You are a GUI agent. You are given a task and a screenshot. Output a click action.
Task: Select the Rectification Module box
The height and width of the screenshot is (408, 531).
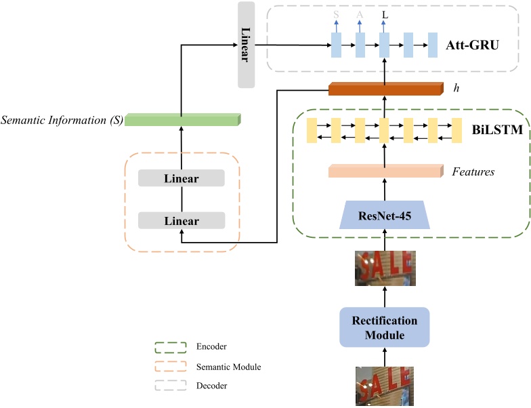(x=384, y=327)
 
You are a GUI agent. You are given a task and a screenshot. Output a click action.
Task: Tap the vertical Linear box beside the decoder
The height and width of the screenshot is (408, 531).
(x=246, y=45)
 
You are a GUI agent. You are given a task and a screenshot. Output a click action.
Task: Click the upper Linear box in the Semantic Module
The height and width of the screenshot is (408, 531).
(x=181, y=178)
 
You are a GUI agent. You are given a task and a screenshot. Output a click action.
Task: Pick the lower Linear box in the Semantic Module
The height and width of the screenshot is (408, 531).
(x=181, y=220)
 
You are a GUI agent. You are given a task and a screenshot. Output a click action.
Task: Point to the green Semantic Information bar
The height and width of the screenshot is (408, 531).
(x=183, y=119)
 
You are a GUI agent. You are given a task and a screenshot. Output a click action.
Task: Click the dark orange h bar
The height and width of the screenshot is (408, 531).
(x=384, y=89)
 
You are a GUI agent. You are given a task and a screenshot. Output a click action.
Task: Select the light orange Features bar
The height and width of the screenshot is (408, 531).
(x=384, y=171)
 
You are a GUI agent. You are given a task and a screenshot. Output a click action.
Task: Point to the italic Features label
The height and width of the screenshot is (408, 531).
(x=473, y=172)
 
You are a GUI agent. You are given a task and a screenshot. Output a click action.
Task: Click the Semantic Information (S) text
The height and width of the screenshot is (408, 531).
(x=62, y=120)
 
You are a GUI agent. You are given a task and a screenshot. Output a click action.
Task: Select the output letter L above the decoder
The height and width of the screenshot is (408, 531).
(x=385, y=14)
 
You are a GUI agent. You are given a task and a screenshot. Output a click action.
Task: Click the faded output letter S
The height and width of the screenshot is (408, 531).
(x=336, y=14)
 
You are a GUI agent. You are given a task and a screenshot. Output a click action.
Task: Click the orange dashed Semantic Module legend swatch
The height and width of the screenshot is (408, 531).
(x=171, y=367)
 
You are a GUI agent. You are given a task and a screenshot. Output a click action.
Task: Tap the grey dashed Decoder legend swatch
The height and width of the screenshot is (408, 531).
(x=171, y=386)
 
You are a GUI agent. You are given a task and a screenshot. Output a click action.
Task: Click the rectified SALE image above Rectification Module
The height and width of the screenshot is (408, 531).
(x=384, y=268)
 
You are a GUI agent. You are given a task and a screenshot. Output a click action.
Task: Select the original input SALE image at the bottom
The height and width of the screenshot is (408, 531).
(x=384, y=386)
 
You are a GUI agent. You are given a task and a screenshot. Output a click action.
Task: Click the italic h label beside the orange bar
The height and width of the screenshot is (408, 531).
(x=457, y=88)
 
